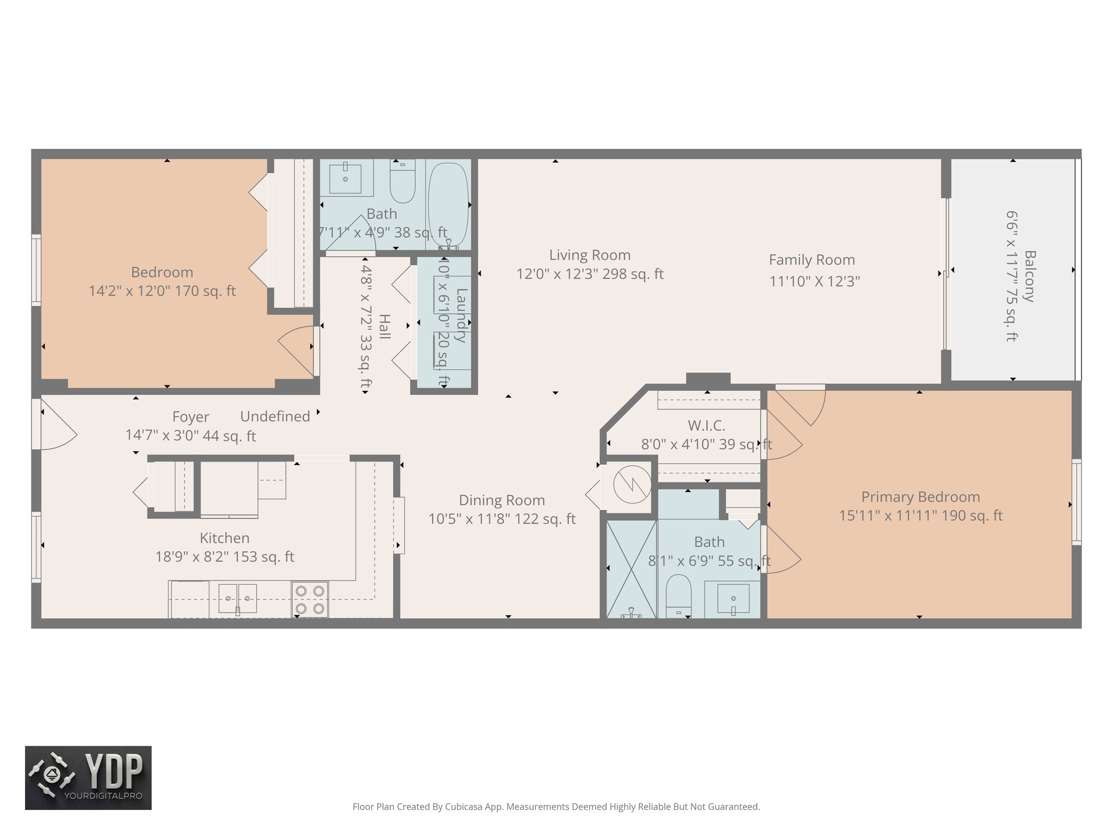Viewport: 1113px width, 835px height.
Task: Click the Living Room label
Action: click(590, 255)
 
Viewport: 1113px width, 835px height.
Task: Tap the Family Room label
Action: click(811, 260)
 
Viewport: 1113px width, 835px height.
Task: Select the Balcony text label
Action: click(1029, 276)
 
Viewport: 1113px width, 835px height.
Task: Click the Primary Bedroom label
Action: click(921, 497)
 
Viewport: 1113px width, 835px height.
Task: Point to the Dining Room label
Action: click(502, 500)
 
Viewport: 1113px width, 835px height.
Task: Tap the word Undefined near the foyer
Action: click(275, 416)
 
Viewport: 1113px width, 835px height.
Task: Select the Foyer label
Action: click(190, 417)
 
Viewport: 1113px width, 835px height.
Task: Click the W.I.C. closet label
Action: click(706, 426)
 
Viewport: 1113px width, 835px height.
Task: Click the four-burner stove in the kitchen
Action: click(310, 600)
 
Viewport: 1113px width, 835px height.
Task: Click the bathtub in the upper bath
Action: click(448, 204)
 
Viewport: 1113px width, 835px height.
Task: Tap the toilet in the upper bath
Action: click(403, 182)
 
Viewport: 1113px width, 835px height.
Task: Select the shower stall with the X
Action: click(631, 569)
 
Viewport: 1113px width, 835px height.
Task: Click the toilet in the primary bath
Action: click(678, 595)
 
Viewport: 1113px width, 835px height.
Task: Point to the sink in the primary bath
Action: click(733, 599)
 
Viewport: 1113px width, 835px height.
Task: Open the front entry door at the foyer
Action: click(54, 425)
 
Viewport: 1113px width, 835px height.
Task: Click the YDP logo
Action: click(88, 777)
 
